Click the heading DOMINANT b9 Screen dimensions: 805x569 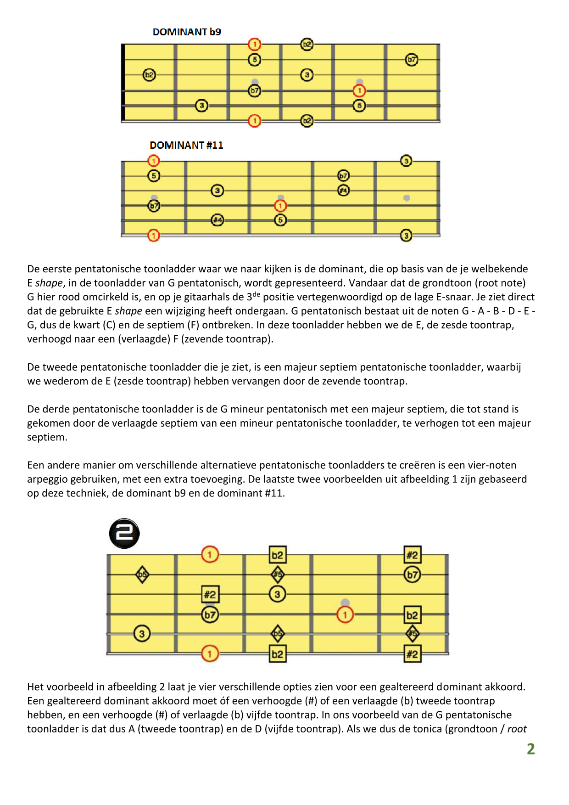187,32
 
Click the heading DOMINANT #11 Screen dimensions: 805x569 186,146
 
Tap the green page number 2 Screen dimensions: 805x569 531,749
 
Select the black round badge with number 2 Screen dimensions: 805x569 124,534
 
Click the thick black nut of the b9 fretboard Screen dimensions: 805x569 123,83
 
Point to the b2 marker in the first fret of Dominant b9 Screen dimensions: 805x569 149,75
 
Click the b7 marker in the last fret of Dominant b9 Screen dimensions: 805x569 412,60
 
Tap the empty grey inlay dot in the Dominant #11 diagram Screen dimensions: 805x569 407,198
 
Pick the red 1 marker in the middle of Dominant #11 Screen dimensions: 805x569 280,206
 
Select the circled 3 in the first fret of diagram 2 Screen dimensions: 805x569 142,634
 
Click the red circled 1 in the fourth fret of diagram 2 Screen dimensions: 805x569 345,614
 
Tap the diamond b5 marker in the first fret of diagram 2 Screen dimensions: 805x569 142,574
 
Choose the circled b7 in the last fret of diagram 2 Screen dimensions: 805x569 413,574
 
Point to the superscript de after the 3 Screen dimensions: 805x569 256,294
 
